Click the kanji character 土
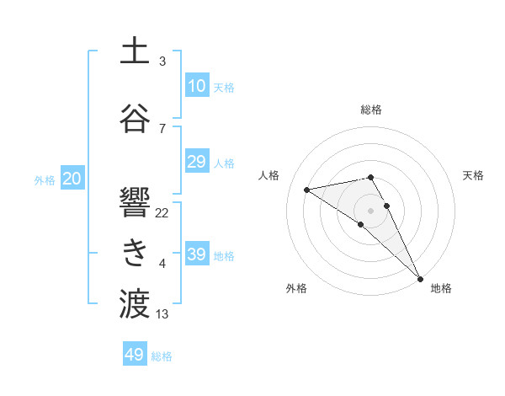(135, 51)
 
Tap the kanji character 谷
(135, 117)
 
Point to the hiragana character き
(135, 251)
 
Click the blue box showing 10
(196, 85)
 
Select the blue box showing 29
(196, 162)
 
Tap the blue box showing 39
(196, 254)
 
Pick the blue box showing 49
(135, 355)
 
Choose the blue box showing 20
(72, 178)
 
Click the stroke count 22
(162, 212)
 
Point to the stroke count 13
(162, 314)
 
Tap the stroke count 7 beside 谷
(162, 128)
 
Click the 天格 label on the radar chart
(474, 175)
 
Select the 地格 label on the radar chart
(441, 288)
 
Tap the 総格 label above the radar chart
(371, 110)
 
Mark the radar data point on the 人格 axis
(307, 189)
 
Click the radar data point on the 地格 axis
(420, 278)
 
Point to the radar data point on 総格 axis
(370, 177)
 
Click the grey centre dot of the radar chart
(370, 210)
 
